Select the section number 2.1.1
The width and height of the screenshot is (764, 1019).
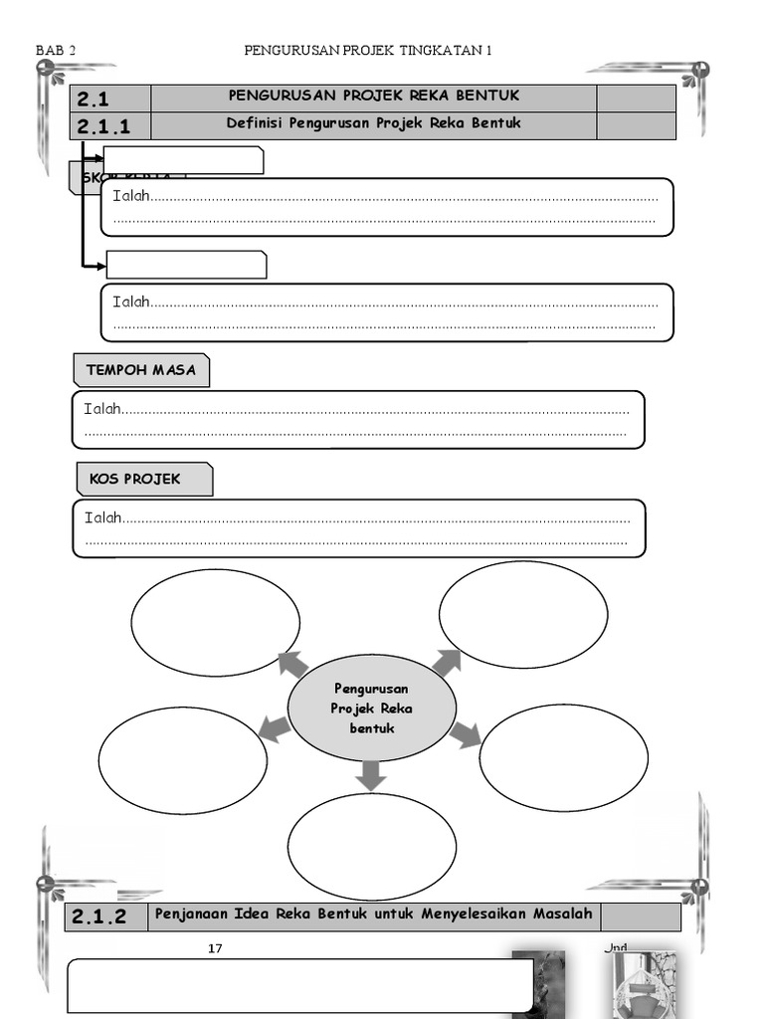click(x=102, y=126)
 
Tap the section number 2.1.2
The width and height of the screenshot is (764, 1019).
click(x=99, y=917)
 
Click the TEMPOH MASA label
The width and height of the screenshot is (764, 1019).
click(x=141, y=370)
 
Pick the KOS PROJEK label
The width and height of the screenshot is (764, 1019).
click(x=135, y=479)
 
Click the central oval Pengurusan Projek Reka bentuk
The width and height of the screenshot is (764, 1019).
click(x=372, y=709)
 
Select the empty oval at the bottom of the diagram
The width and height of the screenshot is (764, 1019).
click(x=372, y=847)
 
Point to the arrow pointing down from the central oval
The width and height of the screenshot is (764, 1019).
click(x=371, y=773)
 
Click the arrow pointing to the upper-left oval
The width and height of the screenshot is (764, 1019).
click(x=292, y=663)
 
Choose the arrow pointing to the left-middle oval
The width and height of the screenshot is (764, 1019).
click(x=275, y=728)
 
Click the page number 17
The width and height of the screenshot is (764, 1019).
click(x=215, y=948)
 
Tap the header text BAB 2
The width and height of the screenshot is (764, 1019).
click(x=56, y=51)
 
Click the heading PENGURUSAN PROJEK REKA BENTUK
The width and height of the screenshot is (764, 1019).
click(x=374, y=96)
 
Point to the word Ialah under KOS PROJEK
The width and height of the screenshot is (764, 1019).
click(x=102, y=517)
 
